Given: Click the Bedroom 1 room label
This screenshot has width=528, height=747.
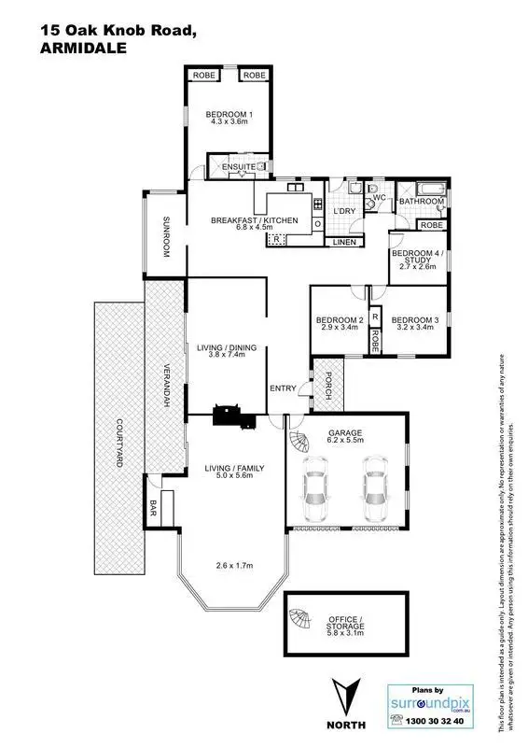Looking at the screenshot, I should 229,115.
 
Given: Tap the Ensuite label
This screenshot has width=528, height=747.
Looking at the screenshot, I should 226,167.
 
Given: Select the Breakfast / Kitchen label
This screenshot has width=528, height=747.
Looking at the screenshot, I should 241,220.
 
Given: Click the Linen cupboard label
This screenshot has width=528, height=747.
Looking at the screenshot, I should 342,243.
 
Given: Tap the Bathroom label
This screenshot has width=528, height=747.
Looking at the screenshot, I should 422,201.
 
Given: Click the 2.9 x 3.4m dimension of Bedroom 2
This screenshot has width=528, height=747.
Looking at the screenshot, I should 340,329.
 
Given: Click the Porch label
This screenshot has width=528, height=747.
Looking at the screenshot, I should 328,382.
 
